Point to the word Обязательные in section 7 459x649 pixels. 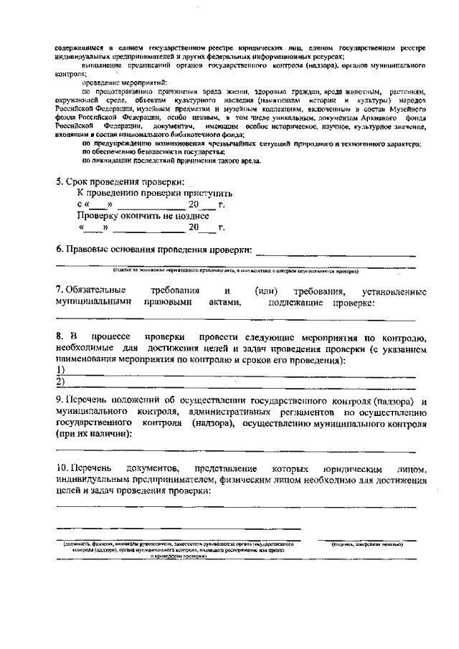point(90,291)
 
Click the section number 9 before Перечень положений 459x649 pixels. point(59,399)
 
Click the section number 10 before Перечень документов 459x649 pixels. point(62,468)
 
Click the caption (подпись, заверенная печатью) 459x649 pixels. point(368,544)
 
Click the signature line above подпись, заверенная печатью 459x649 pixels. point(368,539)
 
